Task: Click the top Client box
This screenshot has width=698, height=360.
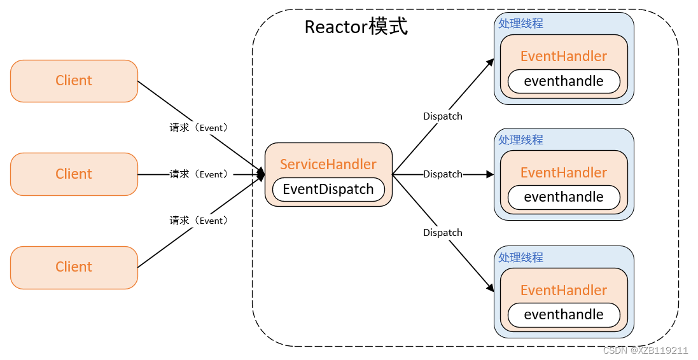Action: coord(74,81)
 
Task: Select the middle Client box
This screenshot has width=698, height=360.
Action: coord(74,174)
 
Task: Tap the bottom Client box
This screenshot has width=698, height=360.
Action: coord(74,267)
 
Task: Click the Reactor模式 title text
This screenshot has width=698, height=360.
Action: coord(356,27)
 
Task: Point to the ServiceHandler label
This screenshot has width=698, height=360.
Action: coord(328,164)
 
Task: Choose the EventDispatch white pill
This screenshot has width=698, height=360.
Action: coord(328,189)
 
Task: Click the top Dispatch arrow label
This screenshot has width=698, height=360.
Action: coord(443,116)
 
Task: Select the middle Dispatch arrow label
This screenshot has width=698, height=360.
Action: coord(443,174)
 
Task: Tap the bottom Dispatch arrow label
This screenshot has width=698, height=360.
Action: coord(443,233)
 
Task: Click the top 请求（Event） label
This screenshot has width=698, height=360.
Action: coord(199,128)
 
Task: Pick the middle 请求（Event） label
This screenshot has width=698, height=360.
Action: coord(199,174)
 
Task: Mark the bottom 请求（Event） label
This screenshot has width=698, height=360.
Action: coord(199,221)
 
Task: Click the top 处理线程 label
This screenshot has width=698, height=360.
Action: coord(520,23)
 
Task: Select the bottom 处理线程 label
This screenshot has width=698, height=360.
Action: coord(520,258)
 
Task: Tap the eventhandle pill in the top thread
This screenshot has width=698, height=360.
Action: coord(564,81)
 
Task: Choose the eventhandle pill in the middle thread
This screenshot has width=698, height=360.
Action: coord(564,197)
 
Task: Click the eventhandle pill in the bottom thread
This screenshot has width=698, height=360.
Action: coord(564,315)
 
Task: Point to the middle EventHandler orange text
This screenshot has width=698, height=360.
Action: coord(564,172)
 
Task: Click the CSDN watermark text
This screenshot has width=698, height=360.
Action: coord(645,350)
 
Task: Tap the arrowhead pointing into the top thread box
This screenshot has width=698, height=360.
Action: coord(491,62)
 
